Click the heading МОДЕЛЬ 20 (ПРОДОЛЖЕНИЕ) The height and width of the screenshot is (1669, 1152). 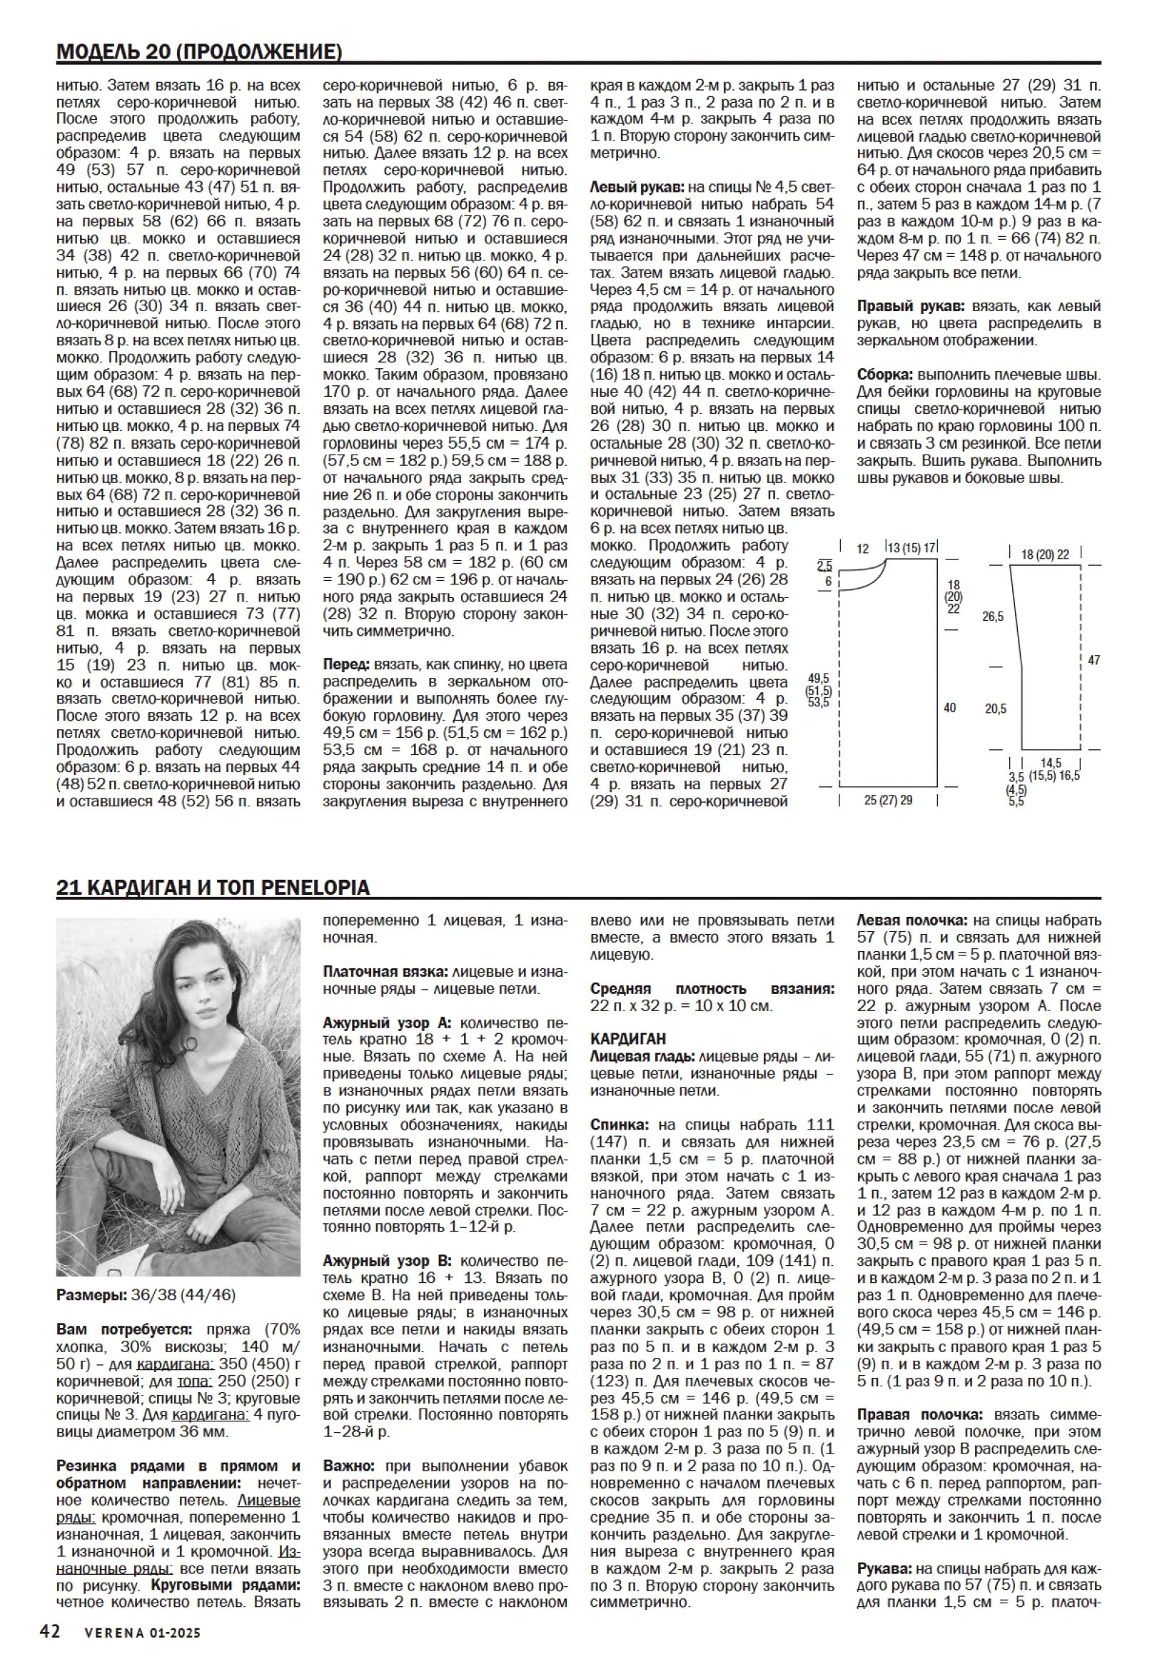click(x=198, y=52)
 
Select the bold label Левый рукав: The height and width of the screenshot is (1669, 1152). click(x=638, y=187)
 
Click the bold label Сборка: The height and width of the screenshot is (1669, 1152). click(x=885, y=375)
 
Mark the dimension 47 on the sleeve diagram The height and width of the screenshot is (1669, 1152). click(x=1093, y=659)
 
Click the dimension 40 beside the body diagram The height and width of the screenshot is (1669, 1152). click(x=950, y=708)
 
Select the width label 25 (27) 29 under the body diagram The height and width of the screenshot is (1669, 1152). click(x=888, y=800)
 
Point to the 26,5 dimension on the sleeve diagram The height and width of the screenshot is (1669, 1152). click(x=993, y=617)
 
